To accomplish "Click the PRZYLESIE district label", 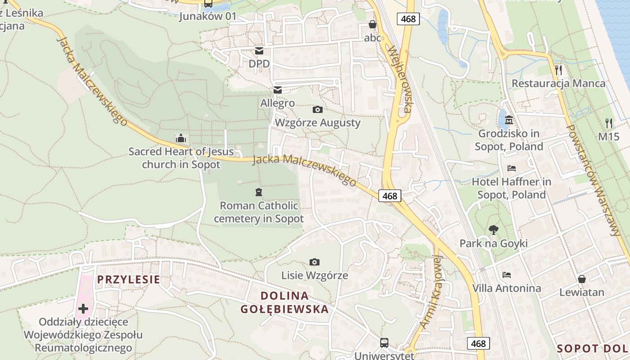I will pyautogui.click(x=128, y=279).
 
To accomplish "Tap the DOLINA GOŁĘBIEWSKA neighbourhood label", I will pyautogui.click(x=284, y=302).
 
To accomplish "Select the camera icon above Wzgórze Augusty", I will pyautogui.click(x=317, y=109).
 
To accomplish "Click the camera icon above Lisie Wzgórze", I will pyautogui.click(x=315, y=262).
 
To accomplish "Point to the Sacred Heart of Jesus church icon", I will pyautogui.click(x=181, y=138).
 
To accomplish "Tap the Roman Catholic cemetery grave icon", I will pyautogui.click(x=258, y=192).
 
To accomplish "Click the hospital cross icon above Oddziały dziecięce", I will pyautogui.click(x=83, y=309).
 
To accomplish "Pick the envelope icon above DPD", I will pyautogui.click(x=259, y=51).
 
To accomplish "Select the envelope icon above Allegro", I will pyautogui.click(x=277, y=90).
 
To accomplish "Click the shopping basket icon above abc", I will pyautogui.click(x=373, y=24).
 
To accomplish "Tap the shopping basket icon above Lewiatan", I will pyautogui.click(x=582, y=279).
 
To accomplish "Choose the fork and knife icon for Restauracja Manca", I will pyautogui.click(x=558, y=70).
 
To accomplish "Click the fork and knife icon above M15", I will pyautogui.click(x=609, y=123).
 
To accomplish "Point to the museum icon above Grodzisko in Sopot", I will pyautogui.click(x=509, y=120).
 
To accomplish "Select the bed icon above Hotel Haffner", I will pyautogui.click(x=512, y=168).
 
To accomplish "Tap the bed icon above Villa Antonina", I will pyautogui.click(x=507, y=274).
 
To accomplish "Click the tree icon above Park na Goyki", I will pyautogui.click(x=494, y=230).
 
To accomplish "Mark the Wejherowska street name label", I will pyautogui.click(x=400, y=79).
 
